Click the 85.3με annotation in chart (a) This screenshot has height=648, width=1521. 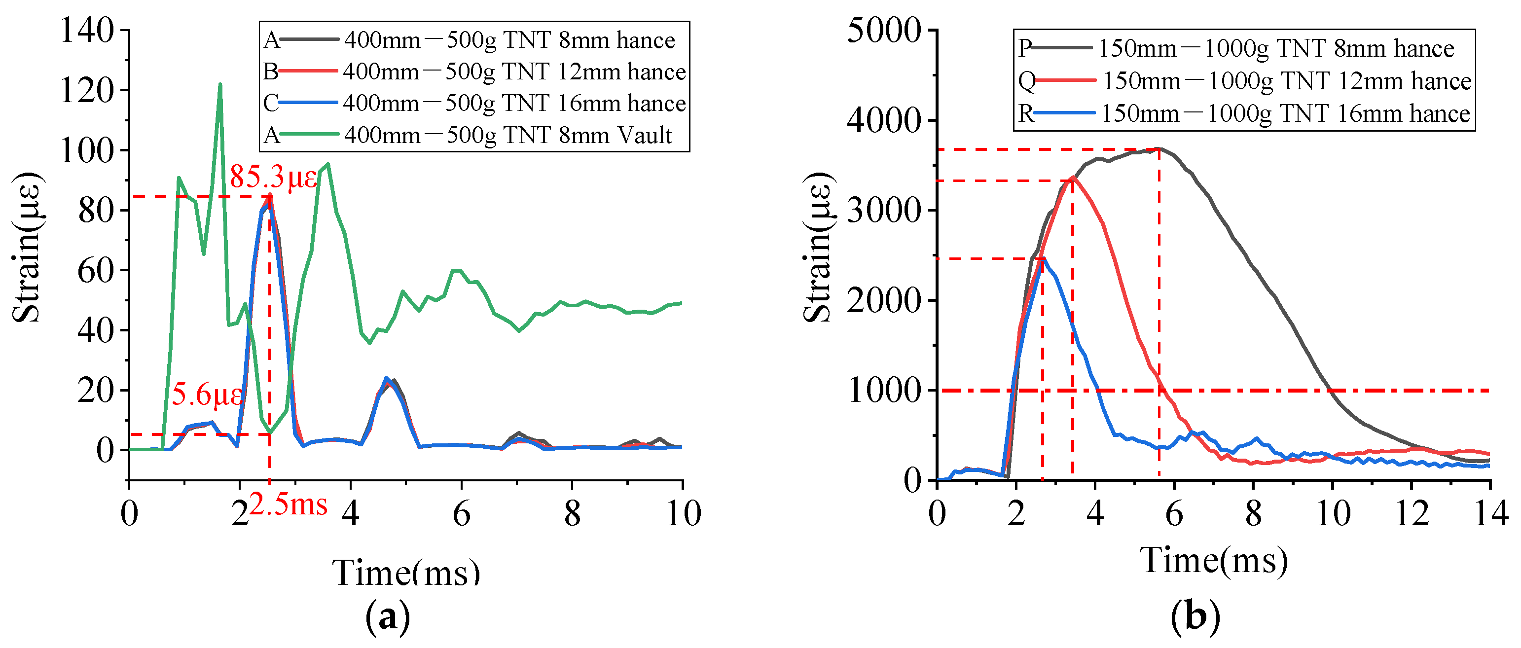point(273,177)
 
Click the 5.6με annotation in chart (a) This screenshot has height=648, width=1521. point(207,394)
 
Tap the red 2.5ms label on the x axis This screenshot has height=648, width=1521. point(288,505)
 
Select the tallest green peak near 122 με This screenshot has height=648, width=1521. point(220,85)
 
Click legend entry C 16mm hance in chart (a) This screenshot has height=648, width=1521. point(474,103)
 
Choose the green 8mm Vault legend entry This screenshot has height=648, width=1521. point(474,135)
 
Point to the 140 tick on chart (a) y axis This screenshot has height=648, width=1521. point(87,30)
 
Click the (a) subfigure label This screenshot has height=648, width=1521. point(387,617)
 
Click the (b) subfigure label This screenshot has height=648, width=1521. point(1195,617)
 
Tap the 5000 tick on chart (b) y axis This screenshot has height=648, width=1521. point(883,30)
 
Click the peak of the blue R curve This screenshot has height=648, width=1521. point(1043,258)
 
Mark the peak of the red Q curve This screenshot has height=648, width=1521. point(1072,178)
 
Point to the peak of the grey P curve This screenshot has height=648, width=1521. point(1159,149)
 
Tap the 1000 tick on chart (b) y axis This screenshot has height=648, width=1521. point(883,391)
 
